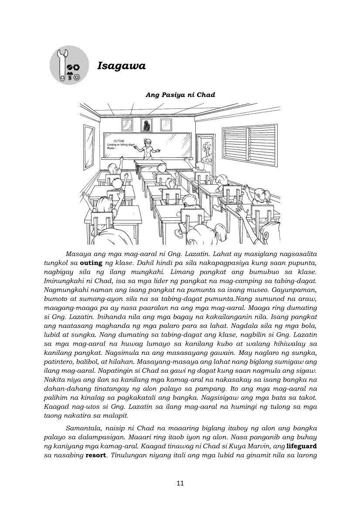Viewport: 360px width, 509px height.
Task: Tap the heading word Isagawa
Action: click(121, 66)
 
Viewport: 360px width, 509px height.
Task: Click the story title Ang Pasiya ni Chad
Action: click(180, 95)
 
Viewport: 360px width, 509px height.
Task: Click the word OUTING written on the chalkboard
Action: click(119, 141)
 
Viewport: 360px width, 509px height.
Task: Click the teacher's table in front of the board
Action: click(150, 164)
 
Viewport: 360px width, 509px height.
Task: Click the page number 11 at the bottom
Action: click(180, 482)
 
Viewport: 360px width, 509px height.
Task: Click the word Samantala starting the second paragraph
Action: click(83, 428)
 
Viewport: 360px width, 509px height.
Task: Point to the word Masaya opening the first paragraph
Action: click(78, 254)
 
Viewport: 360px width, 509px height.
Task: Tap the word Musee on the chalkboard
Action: click(112, 148)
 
